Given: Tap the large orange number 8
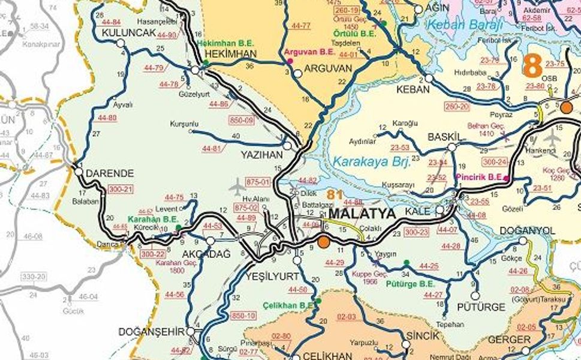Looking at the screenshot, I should point(532,65).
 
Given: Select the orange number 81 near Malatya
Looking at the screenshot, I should point(335,195).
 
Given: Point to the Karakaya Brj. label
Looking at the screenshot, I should point(371,161).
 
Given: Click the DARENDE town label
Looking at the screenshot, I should point(110,173).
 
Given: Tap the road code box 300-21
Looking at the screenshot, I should point(120,189).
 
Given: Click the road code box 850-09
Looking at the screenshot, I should point(242,121).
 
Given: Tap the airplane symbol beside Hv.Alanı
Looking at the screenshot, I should point(238,185).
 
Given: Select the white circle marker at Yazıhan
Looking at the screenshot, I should point(287,146).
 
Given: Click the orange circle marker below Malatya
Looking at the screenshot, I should point(324,242).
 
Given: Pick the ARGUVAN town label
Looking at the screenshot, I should point(328,68).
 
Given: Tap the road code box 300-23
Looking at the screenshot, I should point(416,231).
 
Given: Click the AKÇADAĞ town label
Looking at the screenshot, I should point(206,254).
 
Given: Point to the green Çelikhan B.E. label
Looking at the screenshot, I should point(288,305).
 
